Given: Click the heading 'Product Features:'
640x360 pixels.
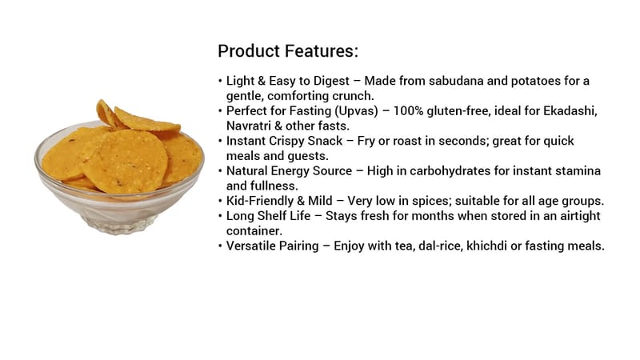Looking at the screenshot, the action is pyautogui.click(x=288, y=51).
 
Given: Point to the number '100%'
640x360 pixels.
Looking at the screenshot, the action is pyautogui.click(x=408, y=110).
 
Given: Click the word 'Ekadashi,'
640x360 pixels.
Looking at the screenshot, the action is pyautogui.click(x=570, y=111).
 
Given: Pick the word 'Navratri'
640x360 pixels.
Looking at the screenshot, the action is pyautogui.click(x=249, y=126).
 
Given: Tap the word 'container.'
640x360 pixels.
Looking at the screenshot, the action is pyautogui.click(x=254, y=231).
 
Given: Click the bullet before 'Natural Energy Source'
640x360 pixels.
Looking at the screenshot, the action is pyautogui.click(x=221, y=171).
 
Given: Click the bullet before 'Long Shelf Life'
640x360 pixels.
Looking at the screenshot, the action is pyautogui.click(x=221, y=216).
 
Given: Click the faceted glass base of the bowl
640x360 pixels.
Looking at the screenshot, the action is pyautogui.click(x=119, y=225).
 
